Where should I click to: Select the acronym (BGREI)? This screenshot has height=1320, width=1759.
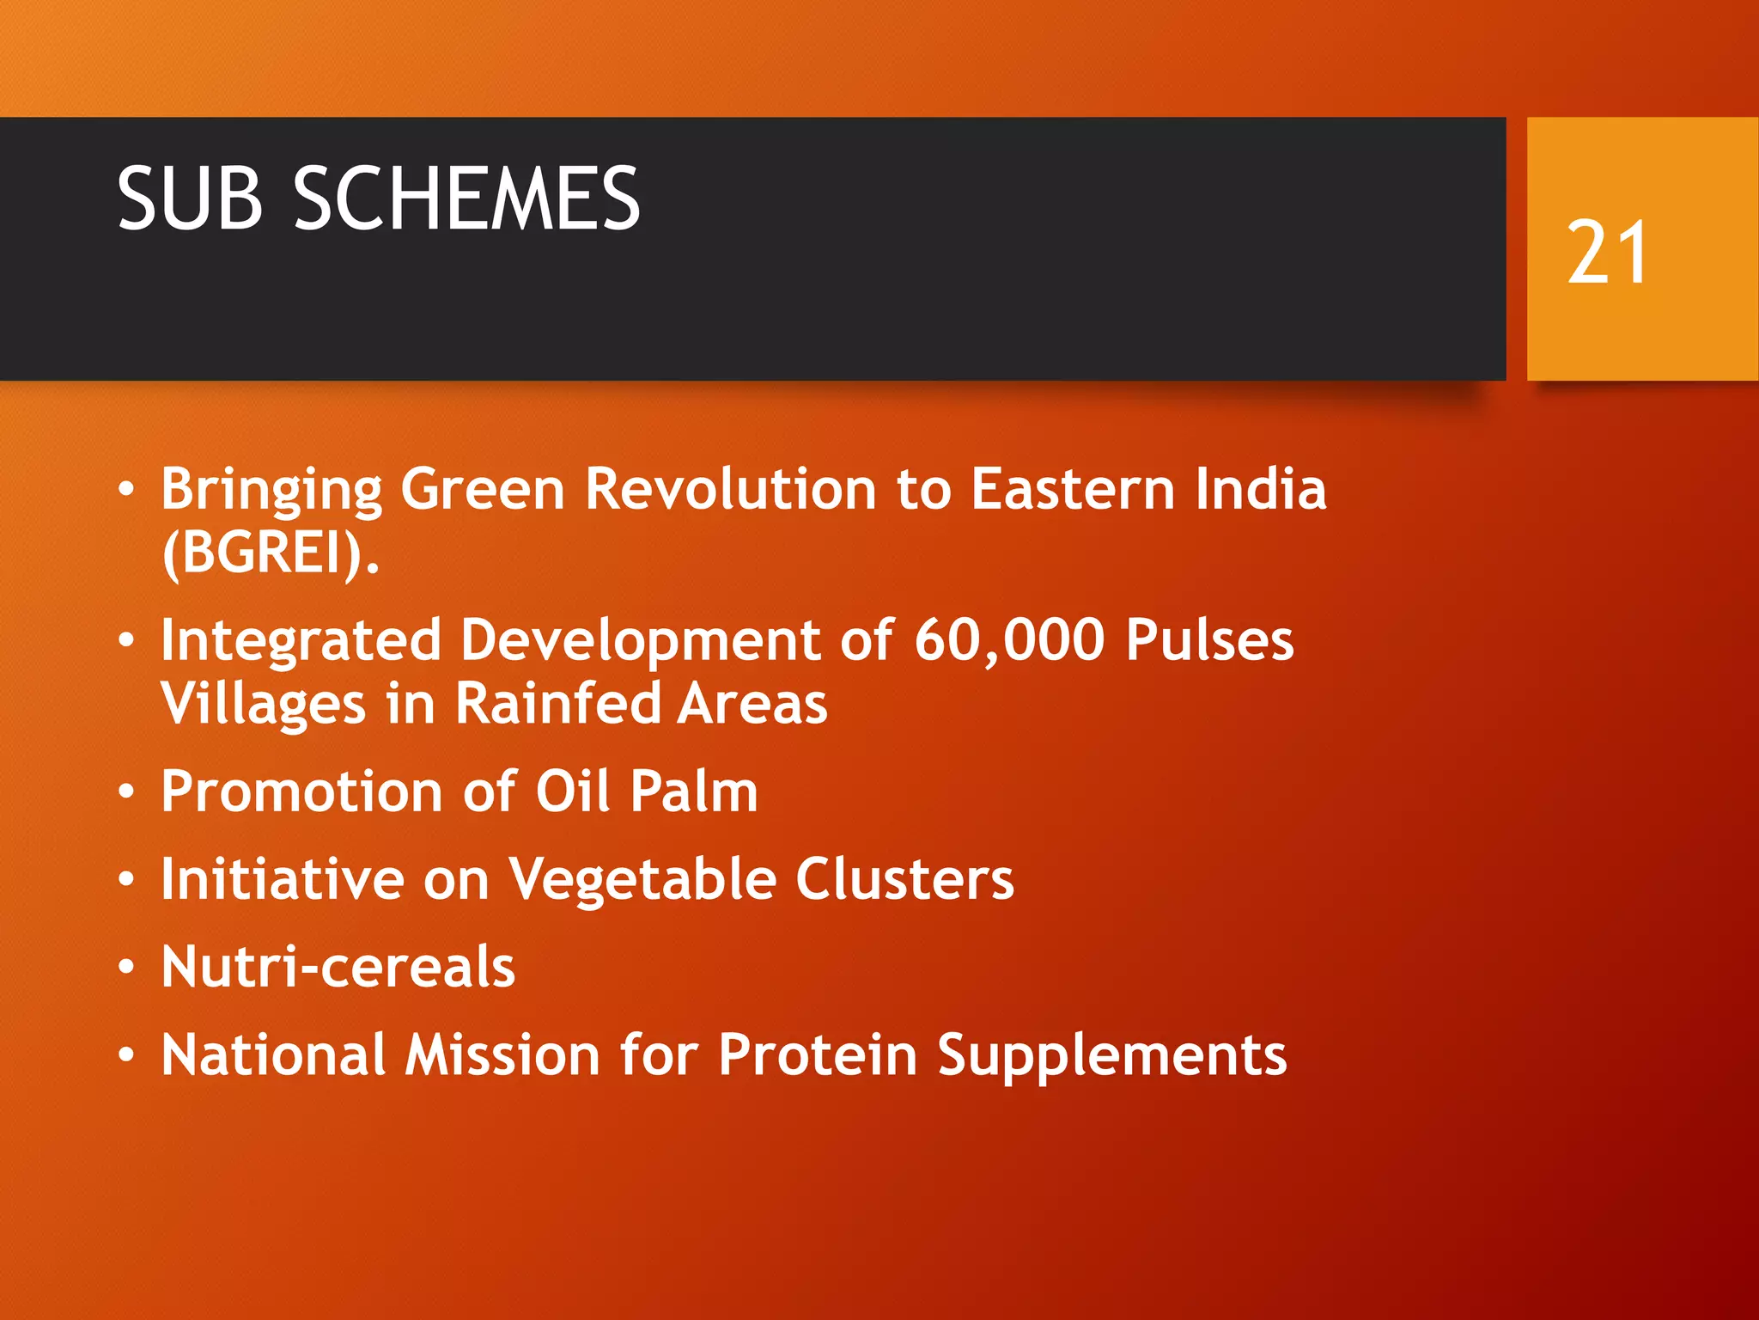click(x=270, y=553)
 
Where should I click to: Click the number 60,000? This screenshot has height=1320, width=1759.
click(x=1009, y=640)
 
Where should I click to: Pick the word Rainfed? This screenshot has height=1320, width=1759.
click(x=557, y=703)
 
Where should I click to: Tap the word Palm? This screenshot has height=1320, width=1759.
click(x=694, y=791)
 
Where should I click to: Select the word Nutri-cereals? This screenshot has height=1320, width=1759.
click(x=338, y=967)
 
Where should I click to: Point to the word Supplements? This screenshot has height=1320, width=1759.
click(x=1111, y=1056)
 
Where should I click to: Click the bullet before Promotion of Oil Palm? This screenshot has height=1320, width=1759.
click(x=127, y=791)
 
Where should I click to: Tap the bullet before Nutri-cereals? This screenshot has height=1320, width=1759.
click(x=127, y=968)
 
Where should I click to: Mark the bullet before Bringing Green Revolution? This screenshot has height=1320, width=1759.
click(x=127, y=489)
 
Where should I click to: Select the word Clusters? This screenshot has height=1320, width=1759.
click(x=904, y=879)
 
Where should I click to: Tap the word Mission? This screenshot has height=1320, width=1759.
click(x=502, y=1054)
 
